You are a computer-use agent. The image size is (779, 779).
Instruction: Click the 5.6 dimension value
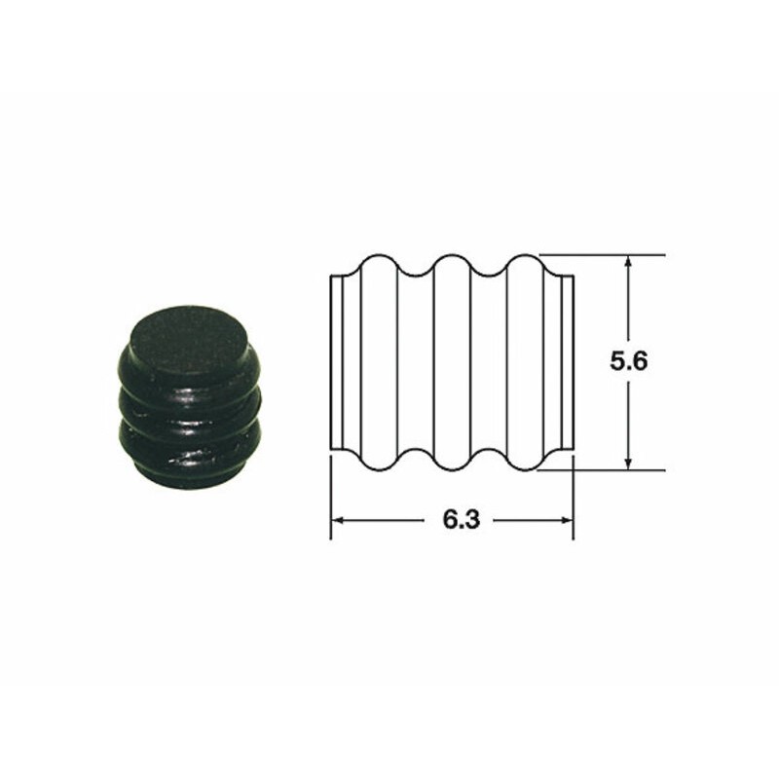[x=628, y=361]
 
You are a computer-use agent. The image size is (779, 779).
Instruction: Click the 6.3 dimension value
[x=462, y=520]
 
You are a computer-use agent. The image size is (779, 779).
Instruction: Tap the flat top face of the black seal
[x=188, y=340]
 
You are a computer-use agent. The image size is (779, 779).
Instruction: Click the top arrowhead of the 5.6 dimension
[x=628, y=261]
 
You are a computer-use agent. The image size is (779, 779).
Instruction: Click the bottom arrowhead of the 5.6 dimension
[x=628, y=464]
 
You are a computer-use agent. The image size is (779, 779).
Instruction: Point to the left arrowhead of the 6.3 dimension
[x=338, y=520]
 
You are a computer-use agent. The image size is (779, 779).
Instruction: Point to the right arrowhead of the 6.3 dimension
[x=567, y=520]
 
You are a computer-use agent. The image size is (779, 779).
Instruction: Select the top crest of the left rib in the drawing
[x=379, y=256]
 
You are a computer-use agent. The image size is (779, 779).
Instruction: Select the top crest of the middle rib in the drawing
[x=452, y=256]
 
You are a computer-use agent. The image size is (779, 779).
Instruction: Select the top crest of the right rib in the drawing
[x=525, y=256]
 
